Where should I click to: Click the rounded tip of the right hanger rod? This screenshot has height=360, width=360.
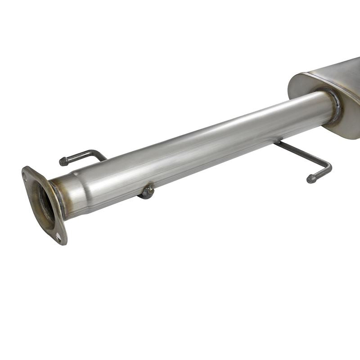coord(311,179)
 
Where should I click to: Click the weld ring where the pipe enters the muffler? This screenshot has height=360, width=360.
coord(333,106)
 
